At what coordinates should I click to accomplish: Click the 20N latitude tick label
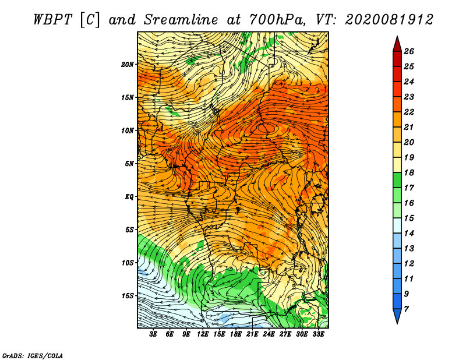[128, 64]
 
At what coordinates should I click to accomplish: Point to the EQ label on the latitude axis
[129, 196]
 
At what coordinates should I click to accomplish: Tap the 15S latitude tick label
[128, 296]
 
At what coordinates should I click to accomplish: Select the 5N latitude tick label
[129, 164]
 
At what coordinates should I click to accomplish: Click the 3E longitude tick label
[153, 334]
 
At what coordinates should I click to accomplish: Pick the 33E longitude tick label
[318, 334]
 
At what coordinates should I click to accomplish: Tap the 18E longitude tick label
[236, 334]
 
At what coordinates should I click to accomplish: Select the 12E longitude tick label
[203, 334]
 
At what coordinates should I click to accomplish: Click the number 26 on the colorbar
[409, 51]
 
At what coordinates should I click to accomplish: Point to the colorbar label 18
[409, 172]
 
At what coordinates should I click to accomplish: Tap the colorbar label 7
[406, 309]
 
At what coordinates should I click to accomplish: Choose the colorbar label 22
[409, 112]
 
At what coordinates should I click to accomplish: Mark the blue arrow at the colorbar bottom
[397, 315]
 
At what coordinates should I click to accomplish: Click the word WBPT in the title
[53, 20]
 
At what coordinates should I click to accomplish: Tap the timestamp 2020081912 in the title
[389, 20]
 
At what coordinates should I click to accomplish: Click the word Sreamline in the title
[181, 20]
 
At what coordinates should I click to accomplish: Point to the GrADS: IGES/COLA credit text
[33, 355]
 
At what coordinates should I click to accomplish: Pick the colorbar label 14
[409, 234]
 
